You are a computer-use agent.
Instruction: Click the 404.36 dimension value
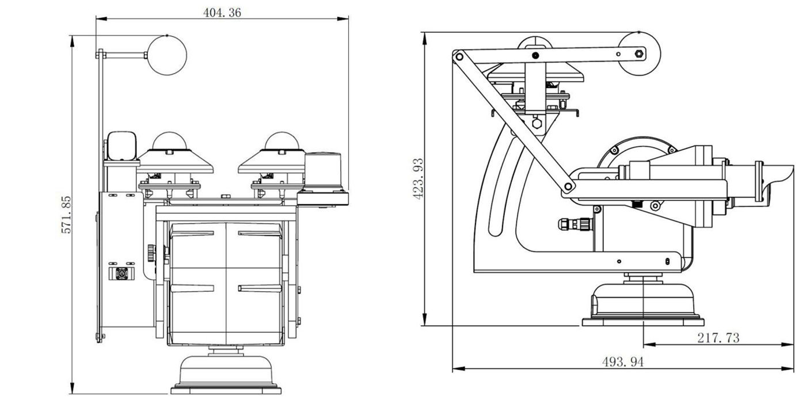tap(222, 13)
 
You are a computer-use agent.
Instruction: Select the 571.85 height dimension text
tap(66, 214)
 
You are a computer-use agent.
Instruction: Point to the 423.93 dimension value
tap(419, 178)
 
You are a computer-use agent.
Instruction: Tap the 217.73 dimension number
tap(718, 338)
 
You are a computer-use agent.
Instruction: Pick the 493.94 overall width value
tap(623, 362)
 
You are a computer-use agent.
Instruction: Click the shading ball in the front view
tap(168, 55)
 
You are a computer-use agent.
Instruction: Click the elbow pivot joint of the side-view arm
tap(568, 187)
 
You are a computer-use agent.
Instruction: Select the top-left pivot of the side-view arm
tap(459, 56)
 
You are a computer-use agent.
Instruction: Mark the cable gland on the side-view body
tap(574, 223)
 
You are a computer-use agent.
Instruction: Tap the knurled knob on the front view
tap(151, 252)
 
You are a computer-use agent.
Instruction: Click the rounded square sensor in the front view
tap(121, 146)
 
